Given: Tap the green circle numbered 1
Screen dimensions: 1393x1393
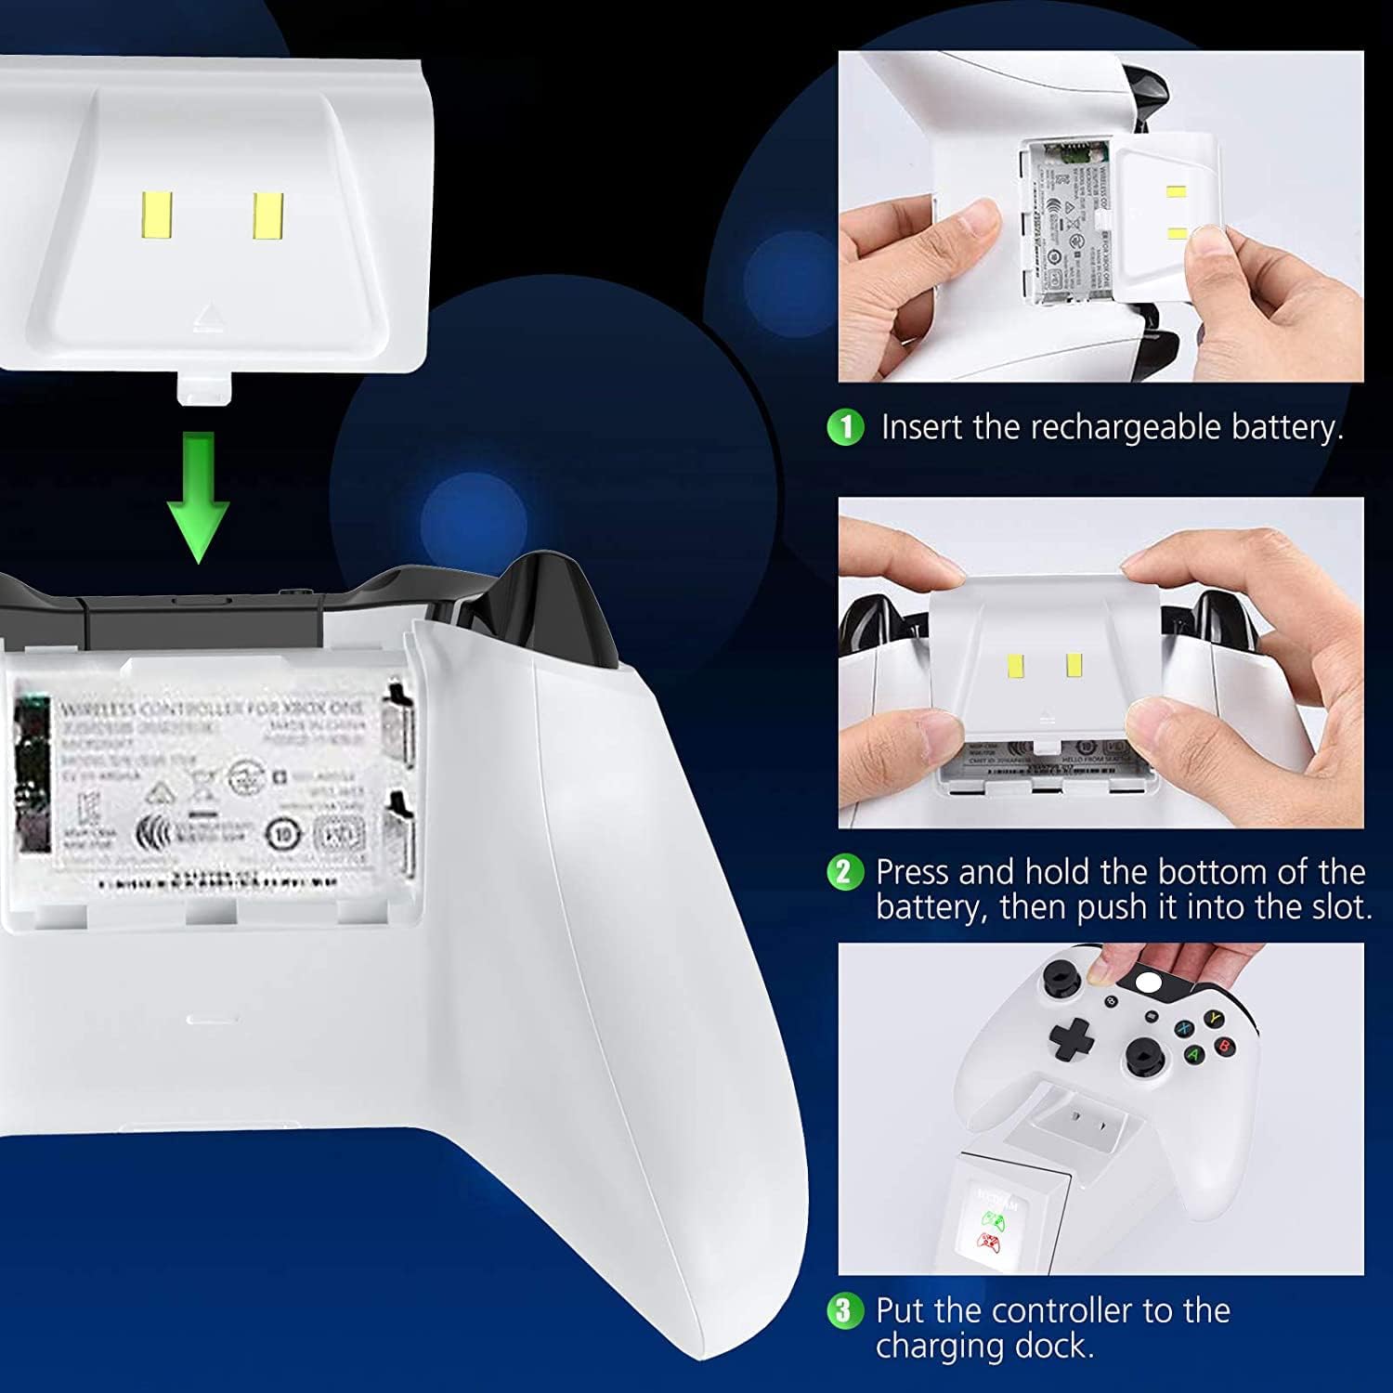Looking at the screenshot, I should tap(845, 427).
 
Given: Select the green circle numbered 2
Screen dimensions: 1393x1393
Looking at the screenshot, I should tap(843, 872).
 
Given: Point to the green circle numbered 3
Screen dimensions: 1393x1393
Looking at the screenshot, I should tap(843, 1310).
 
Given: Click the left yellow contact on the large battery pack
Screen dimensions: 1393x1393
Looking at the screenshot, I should tap(156, 215).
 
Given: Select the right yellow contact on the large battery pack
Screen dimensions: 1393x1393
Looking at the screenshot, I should tap(267, 215).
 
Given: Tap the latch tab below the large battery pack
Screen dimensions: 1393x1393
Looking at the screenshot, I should tap(203, 388).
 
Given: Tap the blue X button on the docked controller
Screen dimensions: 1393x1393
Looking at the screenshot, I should tap(1183, 1029).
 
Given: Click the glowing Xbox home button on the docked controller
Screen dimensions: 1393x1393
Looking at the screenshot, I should tap(1150, 985).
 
